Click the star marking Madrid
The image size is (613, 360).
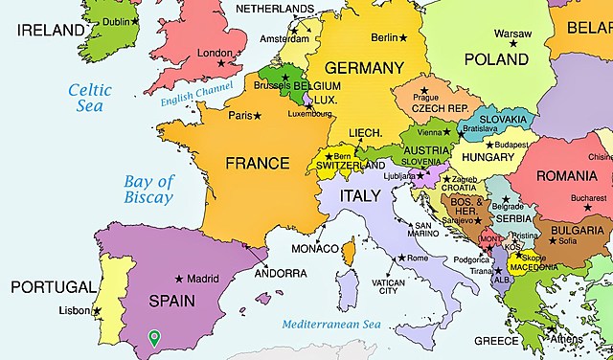click(x=179, y=279)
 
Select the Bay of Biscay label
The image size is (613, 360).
click(x=148, y=190)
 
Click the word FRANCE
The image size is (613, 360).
click(x=257, y=164)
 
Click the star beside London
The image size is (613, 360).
click(x=221, y=64)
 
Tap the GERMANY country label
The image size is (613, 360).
click(x=364, y=69)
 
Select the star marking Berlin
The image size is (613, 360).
click(x=403, y=38)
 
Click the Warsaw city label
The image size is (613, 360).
click(x=511, y=34)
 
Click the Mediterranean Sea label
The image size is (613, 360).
click(x=331, y=326)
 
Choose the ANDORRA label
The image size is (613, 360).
click(x=280, y=273)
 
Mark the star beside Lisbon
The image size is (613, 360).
click(x=96, y=310)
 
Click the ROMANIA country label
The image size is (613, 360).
click(x=566, y=176)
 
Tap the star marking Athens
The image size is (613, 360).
click(x=553, y=336)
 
